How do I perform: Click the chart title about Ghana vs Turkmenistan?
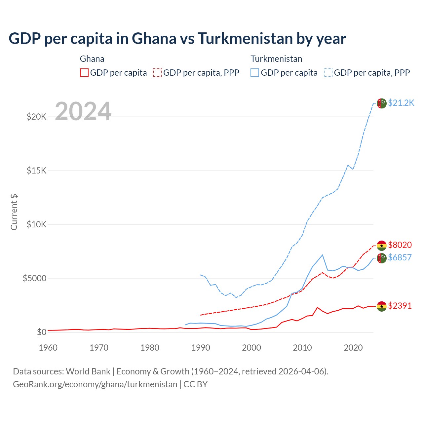point(177,39)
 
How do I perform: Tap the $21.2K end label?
point(401,103)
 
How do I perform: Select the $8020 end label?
point(400,245)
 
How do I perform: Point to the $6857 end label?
point(400,257)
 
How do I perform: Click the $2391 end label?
point(400,306)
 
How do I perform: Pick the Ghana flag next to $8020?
point(382,246)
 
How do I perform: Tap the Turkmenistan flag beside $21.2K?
point(382,103)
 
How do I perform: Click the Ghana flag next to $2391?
point(382,306)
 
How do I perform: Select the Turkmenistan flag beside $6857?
point(382,258)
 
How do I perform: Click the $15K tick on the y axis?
point(36,171)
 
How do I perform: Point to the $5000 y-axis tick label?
point(34,278)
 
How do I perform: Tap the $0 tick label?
point(41,332)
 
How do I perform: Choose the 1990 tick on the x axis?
point(201,348)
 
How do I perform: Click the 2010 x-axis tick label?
point(302,348)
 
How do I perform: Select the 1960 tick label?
point(48,348)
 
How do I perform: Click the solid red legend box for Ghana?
point(84,73)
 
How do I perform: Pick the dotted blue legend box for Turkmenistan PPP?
point(328,73)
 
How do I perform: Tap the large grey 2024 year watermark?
point(83,111)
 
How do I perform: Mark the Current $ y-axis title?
point(14,212)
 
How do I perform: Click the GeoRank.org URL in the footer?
point(95,384)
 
